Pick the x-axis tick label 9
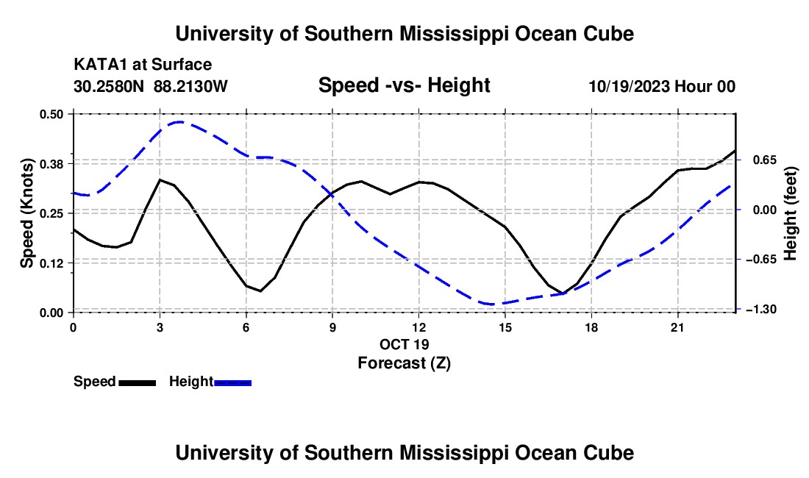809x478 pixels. [332, 327]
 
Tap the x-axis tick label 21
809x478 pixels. [677, 327]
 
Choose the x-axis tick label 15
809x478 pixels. [505, 327]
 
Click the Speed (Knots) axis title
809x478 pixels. [26, 213]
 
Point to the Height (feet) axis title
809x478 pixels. [790, 213]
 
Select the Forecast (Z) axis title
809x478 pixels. [404, 363]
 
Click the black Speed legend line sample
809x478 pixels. [138, 383]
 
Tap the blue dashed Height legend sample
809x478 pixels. [232, 383]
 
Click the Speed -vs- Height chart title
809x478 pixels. [404, 85]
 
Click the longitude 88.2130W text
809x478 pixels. [190, 86]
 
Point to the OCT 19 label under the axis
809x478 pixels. [404, 344]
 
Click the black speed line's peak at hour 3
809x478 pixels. [160, 179]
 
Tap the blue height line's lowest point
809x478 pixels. [491, 304]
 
